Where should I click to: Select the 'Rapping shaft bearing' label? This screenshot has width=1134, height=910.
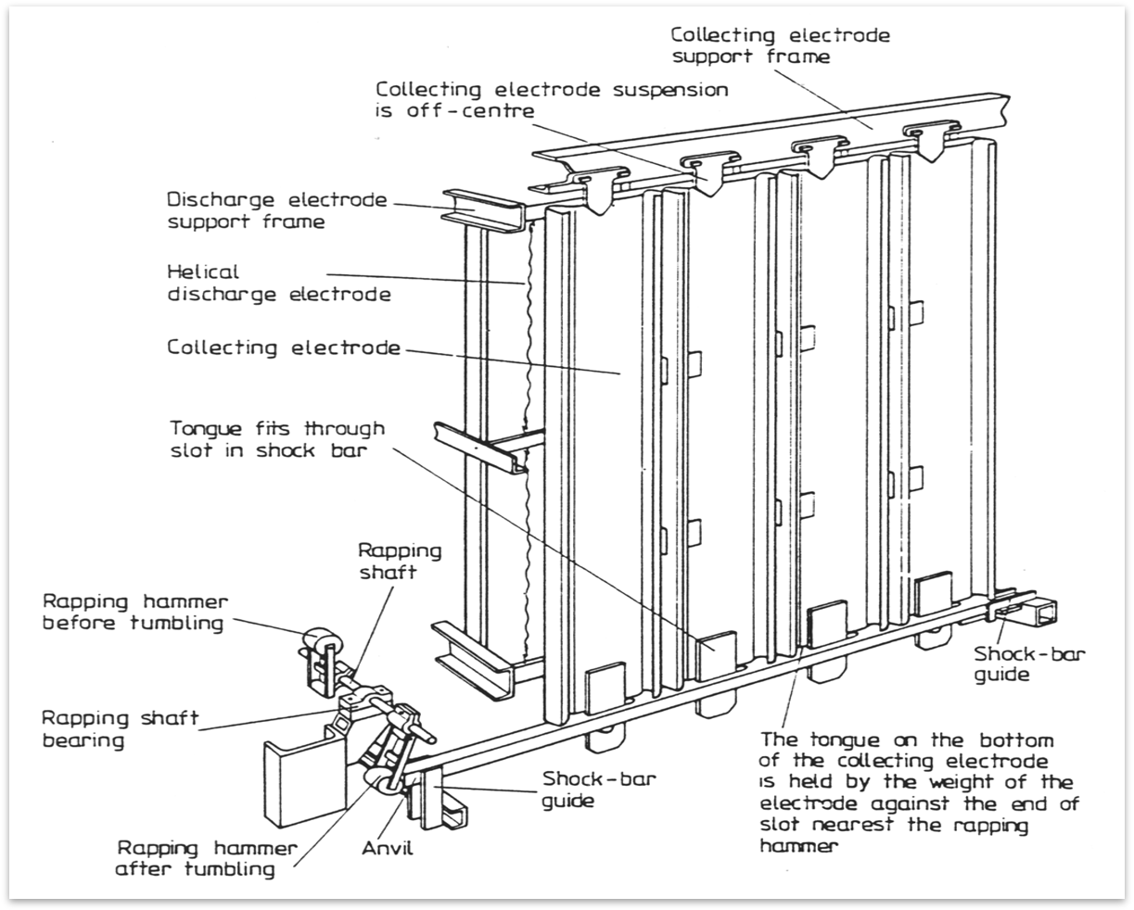pyautogui.click(x=121, y=729)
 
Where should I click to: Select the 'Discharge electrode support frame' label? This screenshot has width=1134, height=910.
pyautogui.click(x=276, y=210)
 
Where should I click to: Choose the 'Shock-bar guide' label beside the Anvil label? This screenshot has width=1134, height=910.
pyautogui.click(x=599, y=789)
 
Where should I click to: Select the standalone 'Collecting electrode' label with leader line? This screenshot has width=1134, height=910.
pyautogui.click(x=284, y=348)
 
